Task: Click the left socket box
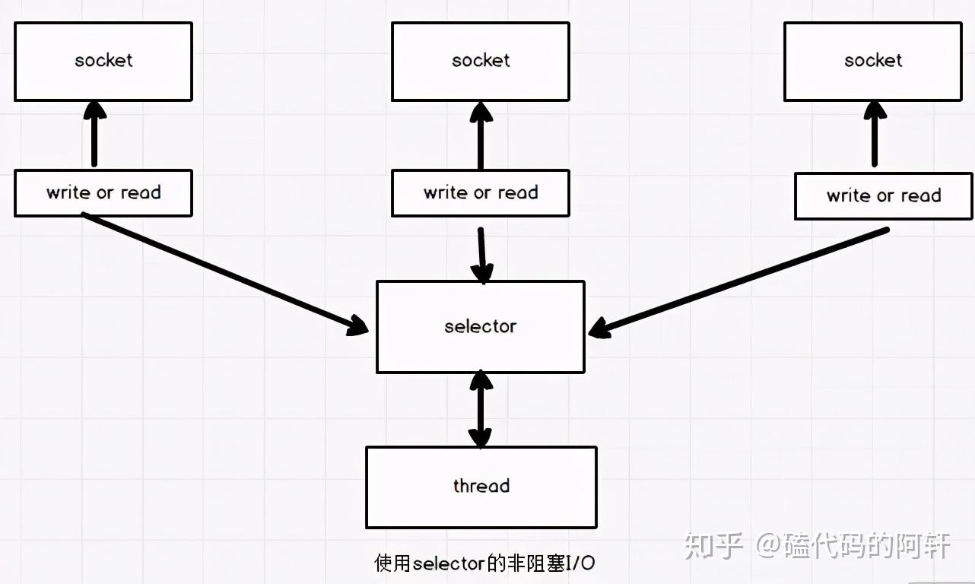click(x=103, y=62)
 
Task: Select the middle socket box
click(x=481, y=62)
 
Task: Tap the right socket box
click(x=873, y=62)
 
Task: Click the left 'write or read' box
click(x=103, y=193)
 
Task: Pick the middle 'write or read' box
click(x=481, y=193)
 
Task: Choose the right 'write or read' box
click(x=884, y=196)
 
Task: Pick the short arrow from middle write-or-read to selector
click(x=481, y=255)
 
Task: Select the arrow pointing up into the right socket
click(x=874, y=135)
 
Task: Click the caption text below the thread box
click(x=484, y=563)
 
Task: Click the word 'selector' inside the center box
click(x=481, y=327)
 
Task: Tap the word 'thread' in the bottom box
click(x=481, y=486)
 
